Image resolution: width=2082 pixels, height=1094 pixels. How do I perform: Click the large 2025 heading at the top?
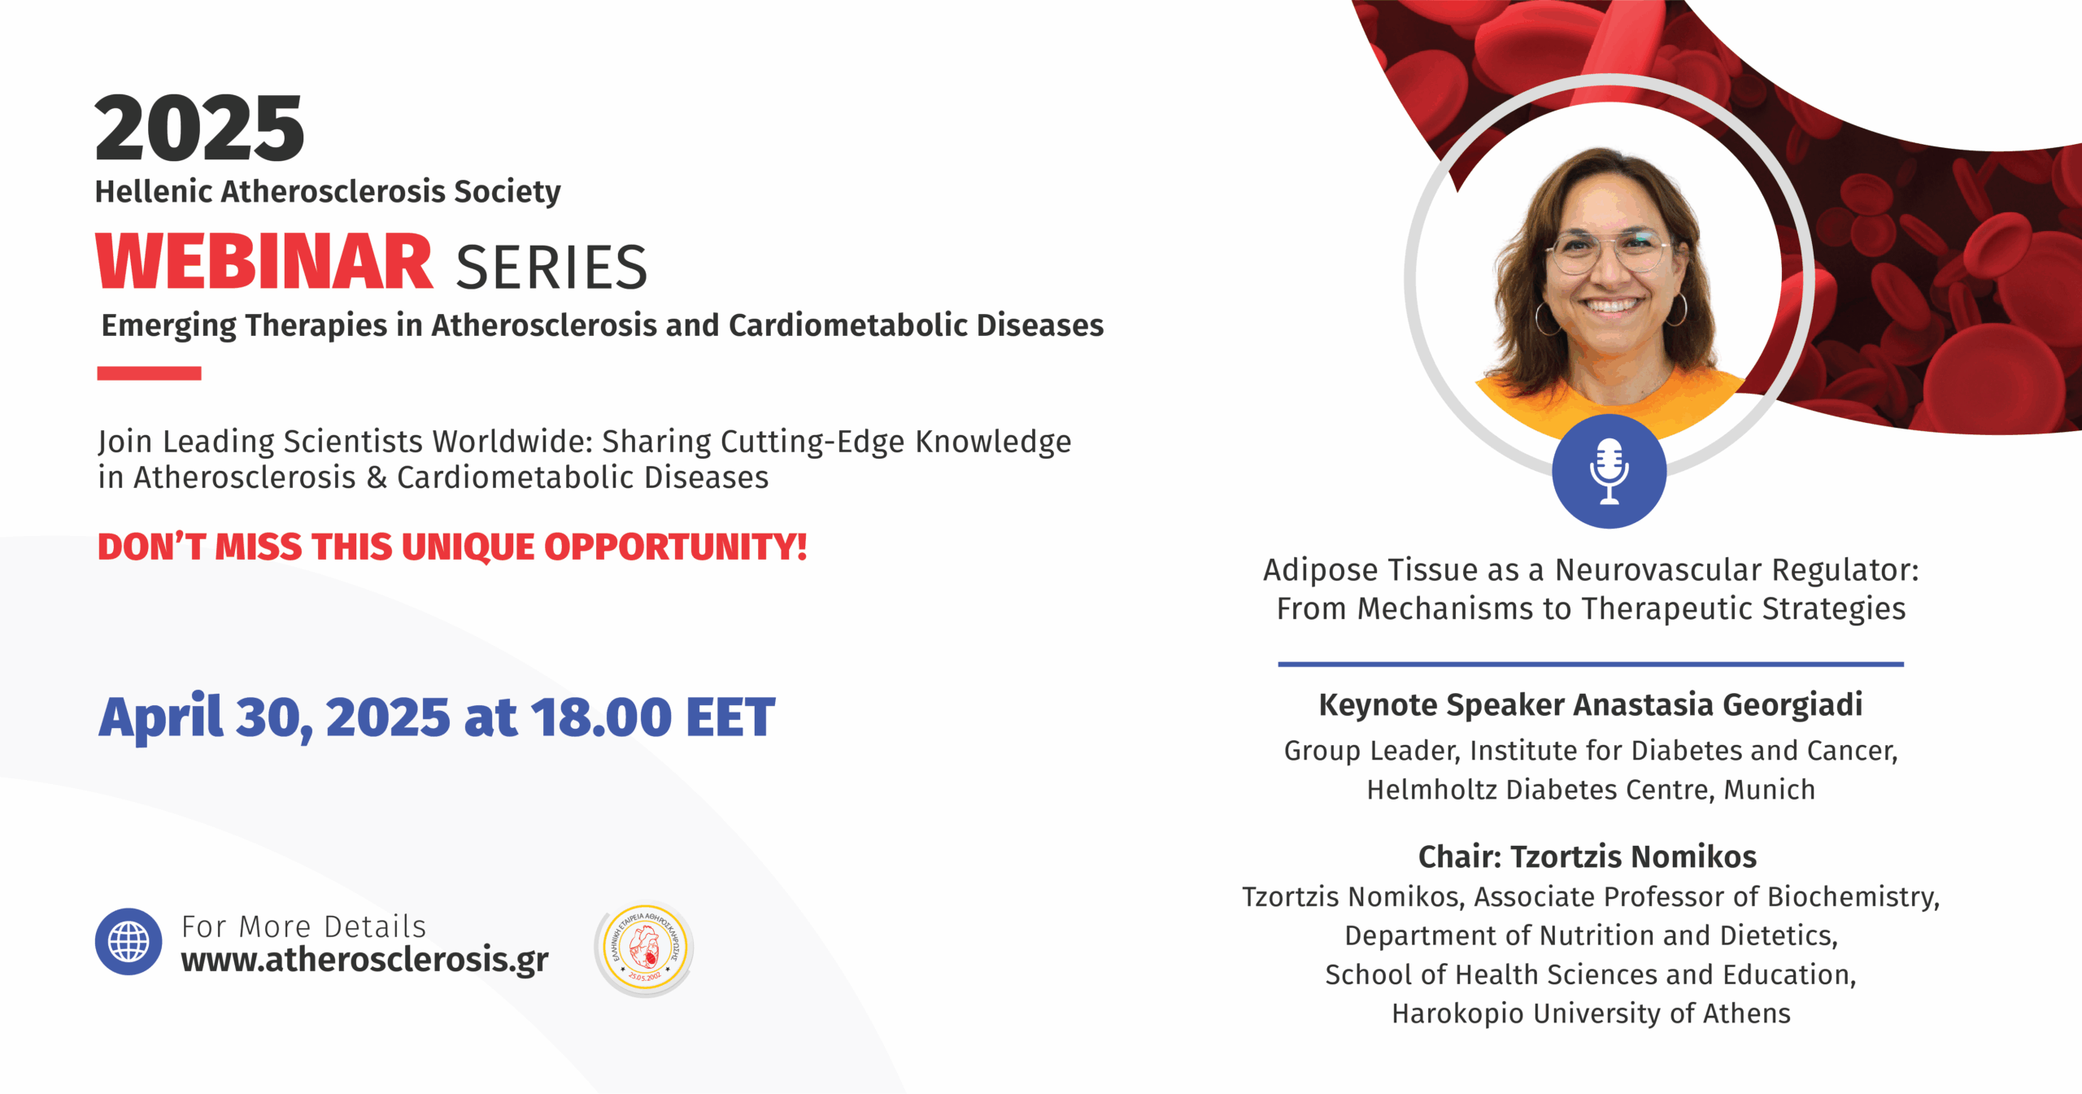click(x=200, y=129)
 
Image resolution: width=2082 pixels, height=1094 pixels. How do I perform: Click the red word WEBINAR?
click(x=264, y=262)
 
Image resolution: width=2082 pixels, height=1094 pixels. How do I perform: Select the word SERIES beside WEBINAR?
click(x=551, y=268)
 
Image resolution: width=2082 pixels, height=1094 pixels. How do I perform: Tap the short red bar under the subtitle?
click(x=149, y=373)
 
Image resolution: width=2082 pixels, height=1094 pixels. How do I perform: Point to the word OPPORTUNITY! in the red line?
click(x=676, y=547)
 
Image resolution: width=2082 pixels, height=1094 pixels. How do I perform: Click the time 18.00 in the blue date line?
click(x=601, y=717)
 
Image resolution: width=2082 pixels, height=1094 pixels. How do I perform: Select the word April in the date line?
click(x=160, y=718)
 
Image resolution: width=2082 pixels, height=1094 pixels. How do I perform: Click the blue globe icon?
click(x=128, y=942)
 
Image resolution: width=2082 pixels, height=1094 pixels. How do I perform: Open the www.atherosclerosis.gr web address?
click(x=364, y=961)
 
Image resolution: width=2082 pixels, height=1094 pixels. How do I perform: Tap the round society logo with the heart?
click(x=644, y=948)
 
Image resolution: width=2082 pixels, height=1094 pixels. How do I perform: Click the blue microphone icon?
click(x=1609, y=471)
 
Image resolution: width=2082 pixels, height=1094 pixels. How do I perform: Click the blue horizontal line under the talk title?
click(x=1591, y=665)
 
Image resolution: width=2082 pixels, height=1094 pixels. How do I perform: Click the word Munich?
click(x=1770, y=790)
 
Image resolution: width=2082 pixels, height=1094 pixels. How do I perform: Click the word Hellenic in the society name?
click(x=153, y=192)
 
